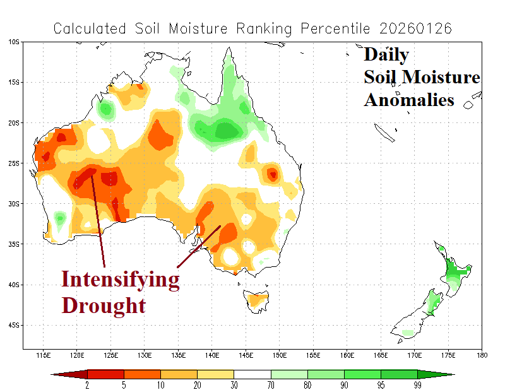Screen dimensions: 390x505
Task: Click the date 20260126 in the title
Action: (x=416, y=28)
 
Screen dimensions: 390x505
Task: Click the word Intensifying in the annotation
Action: (x=120, y=279)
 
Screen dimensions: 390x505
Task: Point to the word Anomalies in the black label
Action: (x=408, y=100)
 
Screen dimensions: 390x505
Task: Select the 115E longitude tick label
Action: (x=44, y=355)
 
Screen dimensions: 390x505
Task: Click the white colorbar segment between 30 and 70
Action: (x=252, y=374)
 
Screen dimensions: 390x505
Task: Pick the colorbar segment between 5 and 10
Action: (x=142, y=374)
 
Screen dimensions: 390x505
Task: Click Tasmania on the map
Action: (x=256, y=299)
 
